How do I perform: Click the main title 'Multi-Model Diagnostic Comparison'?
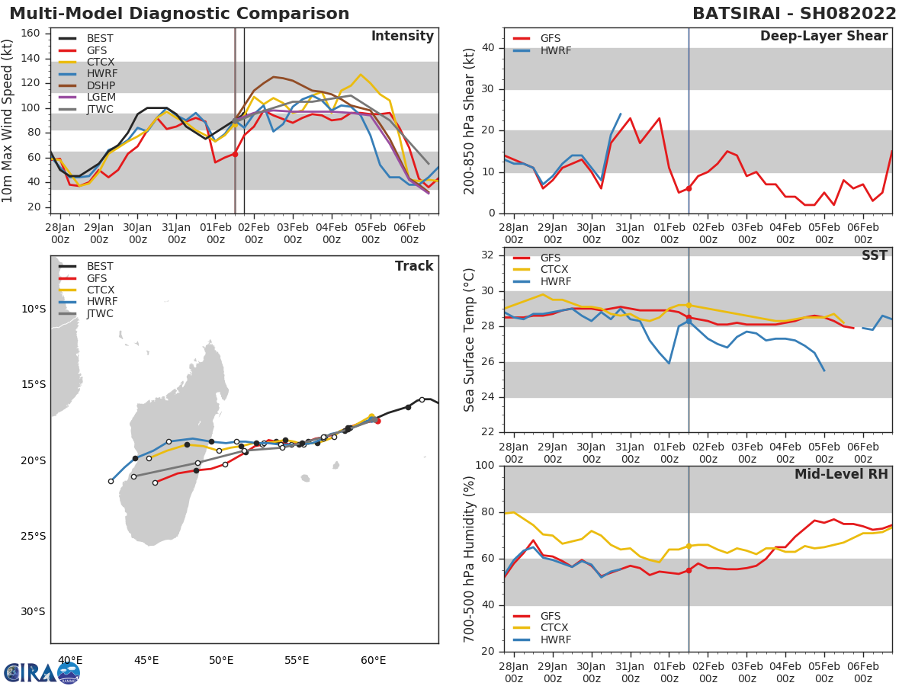click(x=179, y=14)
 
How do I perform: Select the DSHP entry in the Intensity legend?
click(x=101, y=85)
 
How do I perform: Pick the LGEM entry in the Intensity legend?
click(x=101, y=98)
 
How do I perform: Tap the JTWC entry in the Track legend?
click(x=101, y=313)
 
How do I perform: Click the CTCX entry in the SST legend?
click(x=554, y=270)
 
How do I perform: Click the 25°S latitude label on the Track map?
click(x=33, y=536)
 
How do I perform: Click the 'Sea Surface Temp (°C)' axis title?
click(x=470, y=341)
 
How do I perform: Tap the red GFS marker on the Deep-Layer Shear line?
click(x=689, y=188)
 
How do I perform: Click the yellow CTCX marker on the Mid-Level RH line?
click(x=689, y=547)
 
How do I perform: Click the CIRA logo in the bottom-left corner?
click(x=42, y=672)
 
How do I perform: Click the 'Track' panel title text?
click(x=414, y=266)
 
